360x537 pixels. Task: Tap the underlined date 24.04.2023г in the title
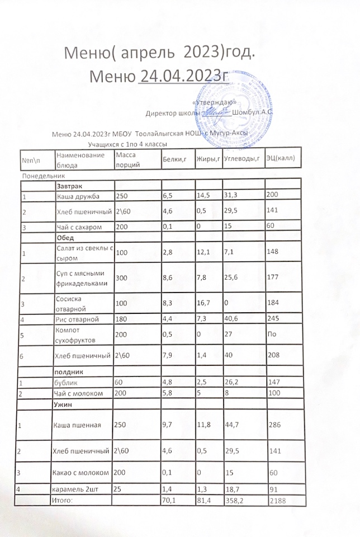coord(185,76)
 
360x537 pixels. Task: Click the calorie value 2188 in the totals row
coord(277,501)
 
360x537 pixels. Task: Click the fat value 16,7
coord(205,304)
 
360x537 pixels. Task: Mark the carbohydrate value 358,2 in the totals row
coord(235,501)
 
